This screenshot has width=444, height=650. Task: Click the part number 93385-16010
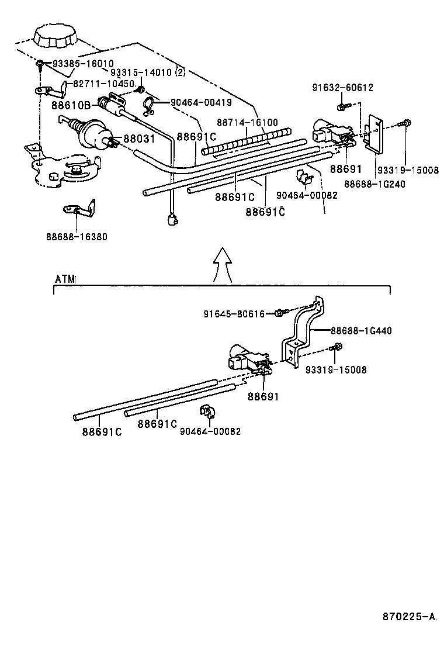click(83, 63)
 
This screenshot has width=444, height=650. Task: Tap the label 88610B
click(71, 106)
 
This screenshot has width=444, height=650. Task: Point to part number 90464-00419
click(201, 102)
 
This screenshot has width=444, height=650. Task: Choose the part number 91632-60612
click(342, 88)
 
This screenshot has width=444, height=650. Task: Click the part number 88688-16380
click(77, 237)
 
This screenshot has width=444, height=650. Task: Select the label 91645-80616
click(234, 314)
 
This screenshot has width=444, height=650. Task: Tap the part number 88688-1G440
click(361, 331)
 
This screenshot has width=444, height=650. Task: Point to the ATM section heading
click(65, 279)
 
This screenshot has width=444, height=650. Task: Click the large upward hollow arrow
click(222, 264)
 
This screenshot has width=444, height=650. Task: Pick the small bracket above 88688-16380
click(79, 209)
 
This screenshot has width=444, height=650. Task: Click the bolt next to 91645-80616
click(280, 313)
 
